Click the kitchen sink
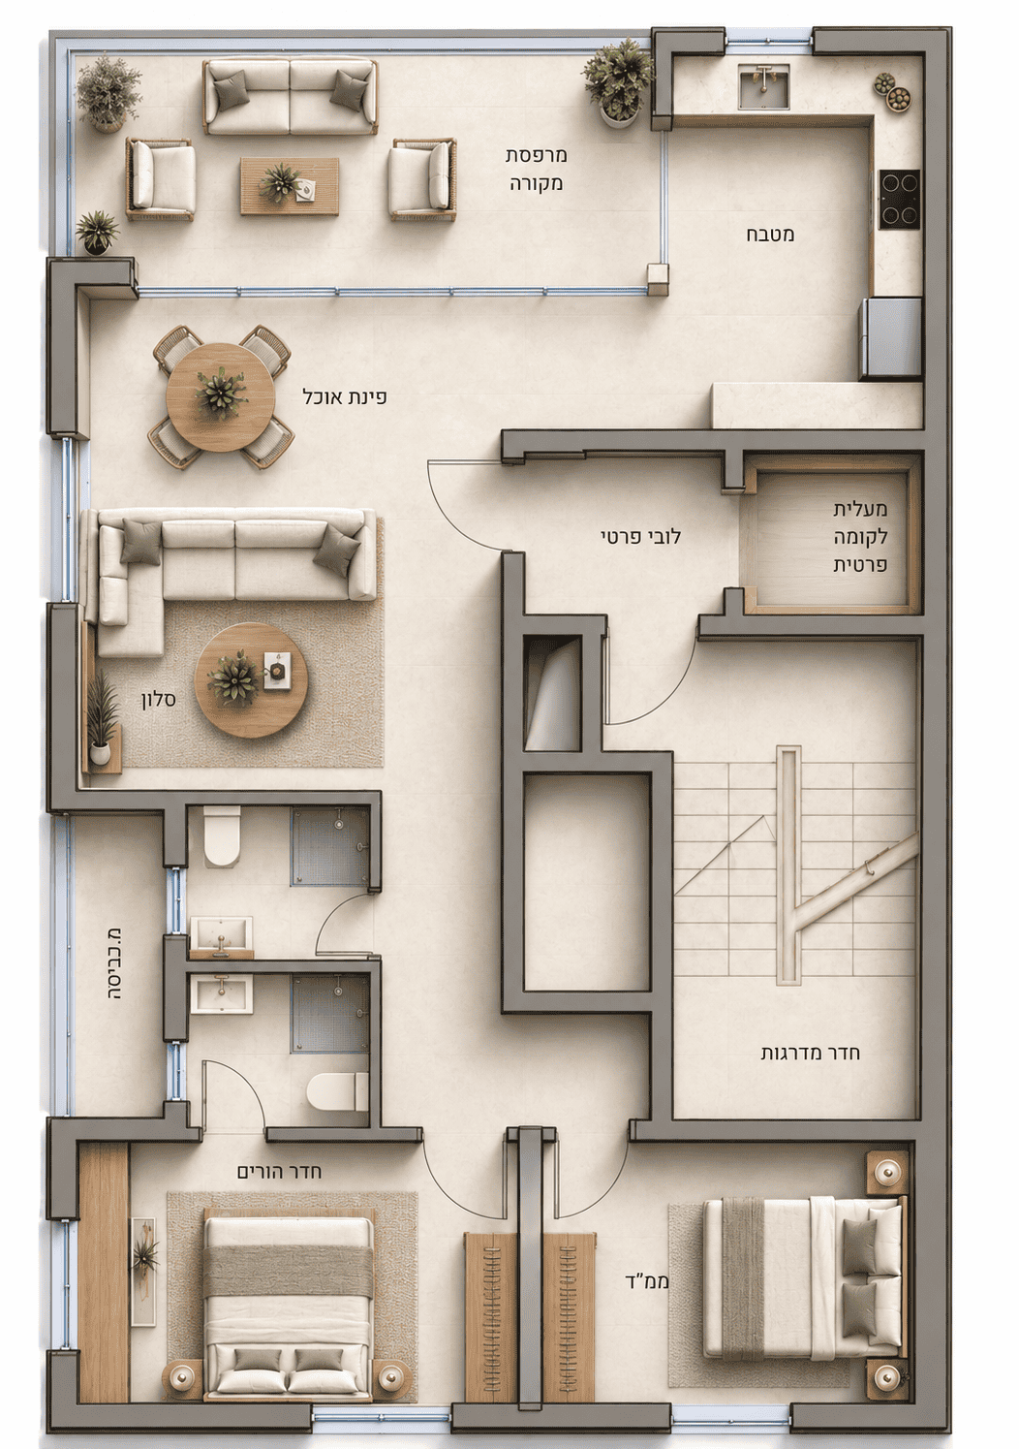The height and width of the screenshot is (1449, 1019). click(763, 86)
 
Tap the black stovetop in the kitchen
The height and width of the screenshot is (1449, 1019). click(900, 199)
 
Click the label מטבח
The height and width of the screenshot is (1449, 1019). click(771, 235)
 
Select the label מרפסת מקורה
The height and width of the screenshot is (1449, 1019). click(536, 170)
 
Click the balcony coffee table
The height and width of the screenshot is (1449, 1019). click(290, 186)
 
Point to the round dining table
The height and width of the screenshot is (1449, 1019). click(221, 395)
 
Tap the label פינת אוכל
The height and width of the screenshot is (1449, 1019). click(345, 396)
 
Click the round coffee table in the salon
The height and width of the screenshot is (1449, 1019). click(251, 679)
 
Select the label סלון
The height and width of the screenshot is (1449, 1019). click(159, 700)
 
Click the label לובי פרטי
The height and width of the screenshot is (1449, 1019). click(640, 537)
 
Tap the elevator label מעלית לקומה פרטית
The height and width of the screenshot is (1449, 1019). click(860, 537)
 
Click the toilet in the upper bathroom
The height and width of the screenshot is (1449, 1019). click(222, 836)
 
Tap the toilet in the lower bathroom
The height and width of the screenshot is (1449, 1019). click(337, 1090)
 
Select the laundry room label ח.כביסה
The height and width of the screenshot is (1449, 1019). click(113, 963)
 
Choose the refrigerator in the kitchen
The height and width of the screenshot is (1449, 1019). click(889, 338)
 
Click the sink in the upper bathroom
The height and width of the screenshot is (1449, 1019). click(221, 936)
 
